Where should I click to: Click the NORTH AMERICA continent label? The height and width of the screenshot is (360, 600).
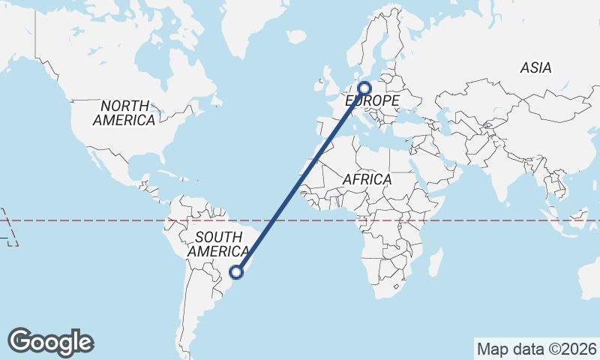[x=124, y=112]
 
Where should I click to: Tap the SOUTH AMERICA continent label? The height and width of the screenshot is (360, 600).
[x=218, y=244]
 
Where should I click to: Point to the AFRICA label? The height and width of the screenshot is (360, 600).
[x=367, y=179]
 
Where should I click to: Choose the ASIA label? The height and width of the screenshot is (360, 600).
[x=535, y=68]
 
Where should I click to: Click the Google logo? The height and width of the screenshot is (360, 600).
[x=51, y=341]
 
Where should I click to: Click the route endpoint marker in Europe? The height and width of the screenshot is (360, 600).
[x=365, y=88]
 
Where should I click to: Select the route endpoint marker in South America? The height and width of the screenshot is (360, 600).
[x=237, y=272]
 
